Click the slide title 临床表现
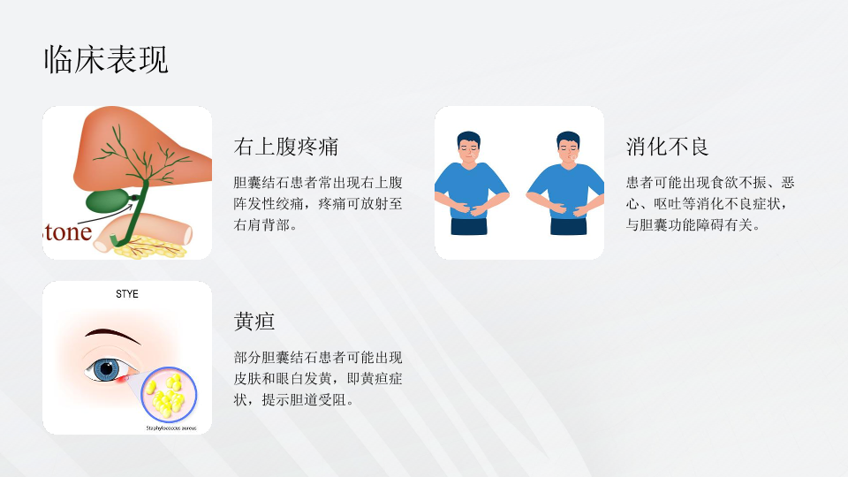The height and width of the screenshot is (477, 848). click(x=106, y=59)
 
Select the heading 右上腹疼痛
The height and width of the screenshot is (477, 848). click(x=286, y=147)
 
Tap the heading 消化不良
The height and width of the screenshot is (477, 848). click(x=668, y=147)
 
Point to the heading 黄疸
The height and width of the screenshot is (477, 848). click(x=254, y=322)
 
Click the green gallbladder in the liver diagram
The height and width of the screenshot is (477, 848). click(x=108, y=201)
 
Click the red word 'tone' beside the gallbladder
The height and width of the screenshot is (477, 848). click(x=68, y=232)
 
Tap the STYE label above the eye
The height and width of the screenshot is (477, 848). click(x=127, y=293)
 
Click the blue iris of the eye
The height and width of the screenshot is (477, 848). click(x=106, y=370)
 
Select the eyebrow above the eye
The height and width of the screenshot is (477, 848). click(x=112, y=335)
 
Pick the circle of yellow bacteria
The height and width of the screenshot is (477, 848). click(x=169, y=395)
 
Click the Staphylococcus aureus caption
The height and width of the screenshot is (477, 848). click(x=170, y=428)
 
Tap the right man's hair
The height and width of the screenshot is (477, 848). click(x=568, y=139)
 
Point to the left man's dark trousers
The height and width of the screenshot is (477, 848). click(x=469, y=226)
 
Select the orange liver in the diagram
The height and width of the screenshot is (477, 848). click(x=140, y=146)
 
